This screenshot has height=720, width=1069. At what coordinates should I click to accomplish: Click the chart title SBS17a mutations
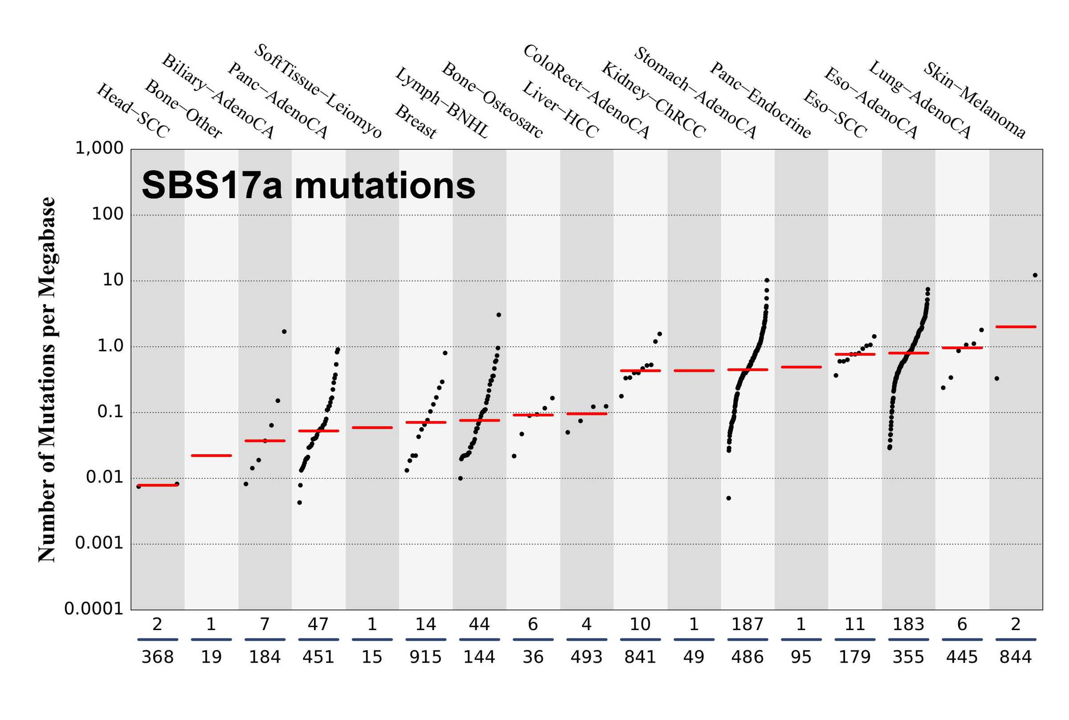[308, 186]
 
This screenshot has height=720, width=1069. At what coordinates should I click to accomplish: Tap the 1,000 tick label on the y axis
[99, 148]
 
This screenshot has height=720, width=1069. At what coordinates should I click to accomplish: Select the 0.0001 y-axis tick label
[94, 609]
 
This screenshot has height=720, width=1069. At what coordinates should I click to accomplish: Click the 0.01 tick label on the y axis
[105, 477]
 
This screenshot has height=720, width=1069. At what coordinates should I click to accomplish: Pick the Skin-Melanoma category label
[975, 100]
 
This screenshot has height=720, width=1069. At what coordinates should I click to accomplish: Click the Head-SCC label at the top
[133, 111]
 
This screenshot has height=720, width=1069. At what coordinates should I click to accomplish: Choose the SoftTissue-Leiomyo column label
[318, 91]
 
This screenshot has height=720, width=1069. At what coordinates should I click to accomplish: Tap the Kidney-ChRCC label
[653, 100]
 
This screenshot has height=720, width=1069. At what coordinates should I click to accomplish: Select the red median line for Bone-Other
[211, 456]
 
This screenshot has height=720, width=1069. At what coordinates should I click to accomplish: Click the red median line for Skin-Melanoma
[1016, 326]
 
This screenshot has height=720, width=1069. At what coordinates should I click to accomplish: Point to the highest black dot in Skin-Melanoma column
[1035, 275]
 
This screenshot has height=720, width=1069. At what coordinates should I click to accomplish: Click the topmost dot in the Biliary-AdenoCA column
[284, 332]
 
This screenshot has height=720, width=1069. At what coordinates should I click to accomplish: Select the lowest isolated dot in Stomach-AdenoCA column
[729, 498]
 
